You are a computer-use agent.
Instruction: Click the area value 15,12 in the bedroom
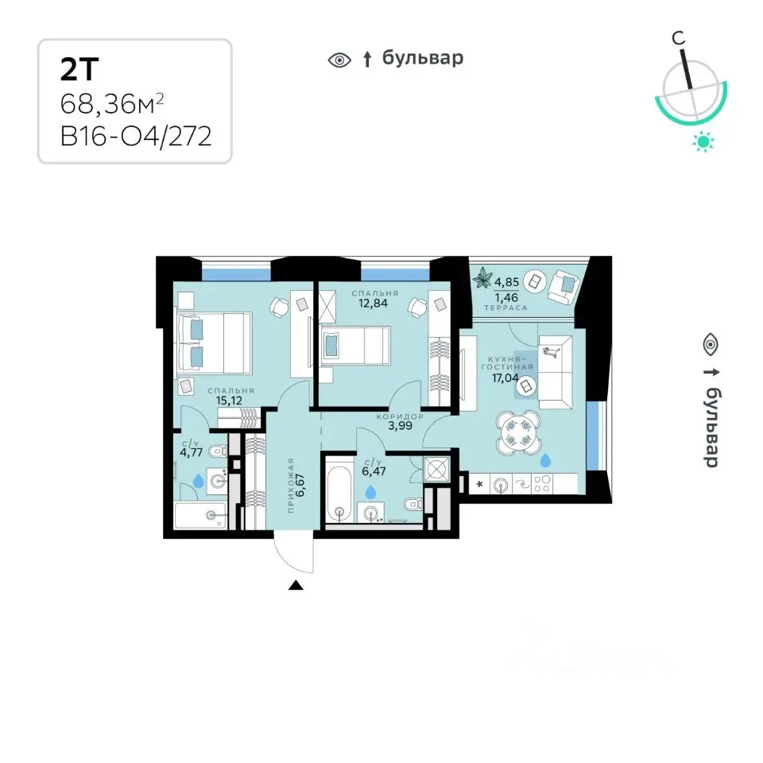coord(229,401)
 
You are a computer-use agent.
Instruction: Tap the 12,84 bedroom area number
coord(374,303)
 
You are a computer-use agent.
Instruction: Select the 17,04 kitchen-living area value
coord(505,378)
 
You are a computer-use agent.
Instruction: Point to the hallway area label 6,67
coord(300,485)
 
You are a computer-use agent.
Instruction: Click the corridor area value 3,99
coord(400,426)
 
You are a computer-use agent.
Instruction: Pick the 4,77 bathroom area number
coord(191,453)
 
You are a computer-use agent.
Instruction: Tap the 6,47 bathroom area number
coord(374,471)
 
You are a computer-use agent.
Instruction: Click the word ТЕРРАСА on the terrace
coord(505,308)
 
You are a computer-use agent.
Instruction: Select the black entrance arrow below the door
coord(296,585)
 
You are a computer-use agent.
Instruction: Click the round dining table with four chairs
coord(517,432)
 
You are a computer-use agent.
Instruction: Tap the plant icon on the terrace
coord(484,278)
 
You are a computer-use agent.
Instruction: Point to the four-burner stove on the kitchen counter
coord(542,484)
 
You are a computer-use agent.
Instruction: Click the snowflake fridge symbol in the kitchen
coord(480,484)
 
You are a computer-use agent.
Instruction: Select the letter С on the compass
coord(678,38)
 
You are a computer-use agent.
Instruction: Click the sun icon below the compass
coord(703,142)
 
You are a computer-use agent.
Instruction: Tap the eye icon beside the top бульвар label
coord(339,60)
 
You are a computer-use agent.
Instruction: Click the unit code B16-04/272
coord(136,136)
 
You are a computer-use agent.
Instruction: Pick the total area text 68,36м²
coord(112,103)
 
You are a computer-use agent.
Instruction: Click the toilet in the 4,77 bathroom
coord(217,452)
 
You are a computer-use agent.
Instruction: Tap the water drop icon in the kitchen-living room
coord(545,460)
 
